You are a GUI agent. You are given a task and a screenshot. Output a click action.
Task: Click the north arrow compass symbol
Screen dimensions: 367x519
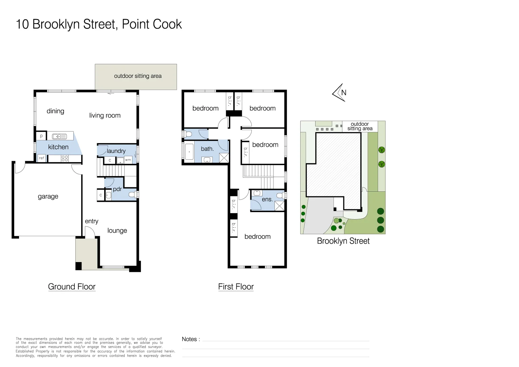click(x=339, y=92)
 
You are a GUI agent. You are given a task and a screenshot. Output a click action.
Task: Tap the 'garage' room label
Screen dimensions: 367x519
click(x=48, y=196)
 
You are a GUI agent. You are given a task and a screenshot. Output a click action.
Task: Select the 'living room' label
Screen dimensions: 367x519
click(x=105, y=116)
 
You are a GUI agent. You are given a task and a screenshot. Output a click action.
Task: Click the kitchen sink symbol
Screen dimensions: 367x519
click(x=59, y=137)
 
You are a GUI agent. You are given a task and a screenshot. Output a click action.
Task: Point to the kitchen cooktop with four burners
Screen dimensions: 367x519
click(x=65, y=158)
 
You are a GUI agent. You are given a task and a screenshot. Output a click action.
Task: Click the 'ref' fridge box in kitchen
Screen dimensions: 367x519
click(x=41, y=158)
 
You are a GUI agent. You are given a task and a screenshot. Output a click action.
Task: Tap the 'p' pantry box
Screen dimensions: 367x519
click(x=41, y=136)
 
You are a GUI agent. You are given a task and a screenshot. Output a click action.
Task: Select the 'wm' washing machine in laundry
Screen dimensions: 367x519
click(x=128, y=160)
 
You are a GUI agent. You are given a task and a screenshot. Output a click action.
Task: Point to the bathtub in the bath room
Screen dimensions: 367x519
click(x=189, y=152)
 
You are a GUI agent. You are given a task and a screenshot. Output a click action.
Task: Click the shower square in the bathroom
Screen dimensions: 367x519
click(x=224, y=158)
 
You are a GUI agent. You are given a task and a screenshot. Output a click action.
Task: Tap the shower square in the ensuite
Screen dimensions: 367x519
click(x=279, y=206)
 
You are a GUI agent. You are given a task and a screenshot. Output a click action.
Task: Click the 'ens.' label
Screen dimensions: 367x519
click(x=267, y=199)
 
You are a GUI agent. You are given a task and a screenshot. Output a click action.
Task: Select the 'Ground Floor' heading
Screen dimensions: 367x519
click(x=72, y=287)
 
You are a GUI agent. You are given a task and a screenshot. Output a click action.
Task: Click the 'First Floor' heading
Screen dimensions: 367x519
click(x=236, y=287)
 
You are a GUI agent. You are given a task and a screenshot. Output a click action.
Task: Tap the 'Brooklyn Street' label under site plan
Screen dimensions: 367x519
click(x=343, y=241)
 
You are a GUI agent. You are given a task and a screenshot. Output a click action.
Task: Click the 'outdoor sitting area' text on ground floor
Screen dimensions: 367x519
click(x=138, y=76)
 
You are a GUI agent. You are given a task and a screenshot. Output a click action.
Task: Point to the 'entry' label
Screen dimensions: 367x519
click(x=91, y=221)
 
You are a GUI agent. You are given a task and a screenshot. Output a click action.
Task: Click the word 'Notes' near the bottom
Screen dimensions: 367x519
click(x=189, y=339)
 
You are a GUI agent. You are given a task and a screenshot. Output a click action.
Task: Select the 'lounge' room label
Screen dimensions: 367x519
click(x=117, y=231)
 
